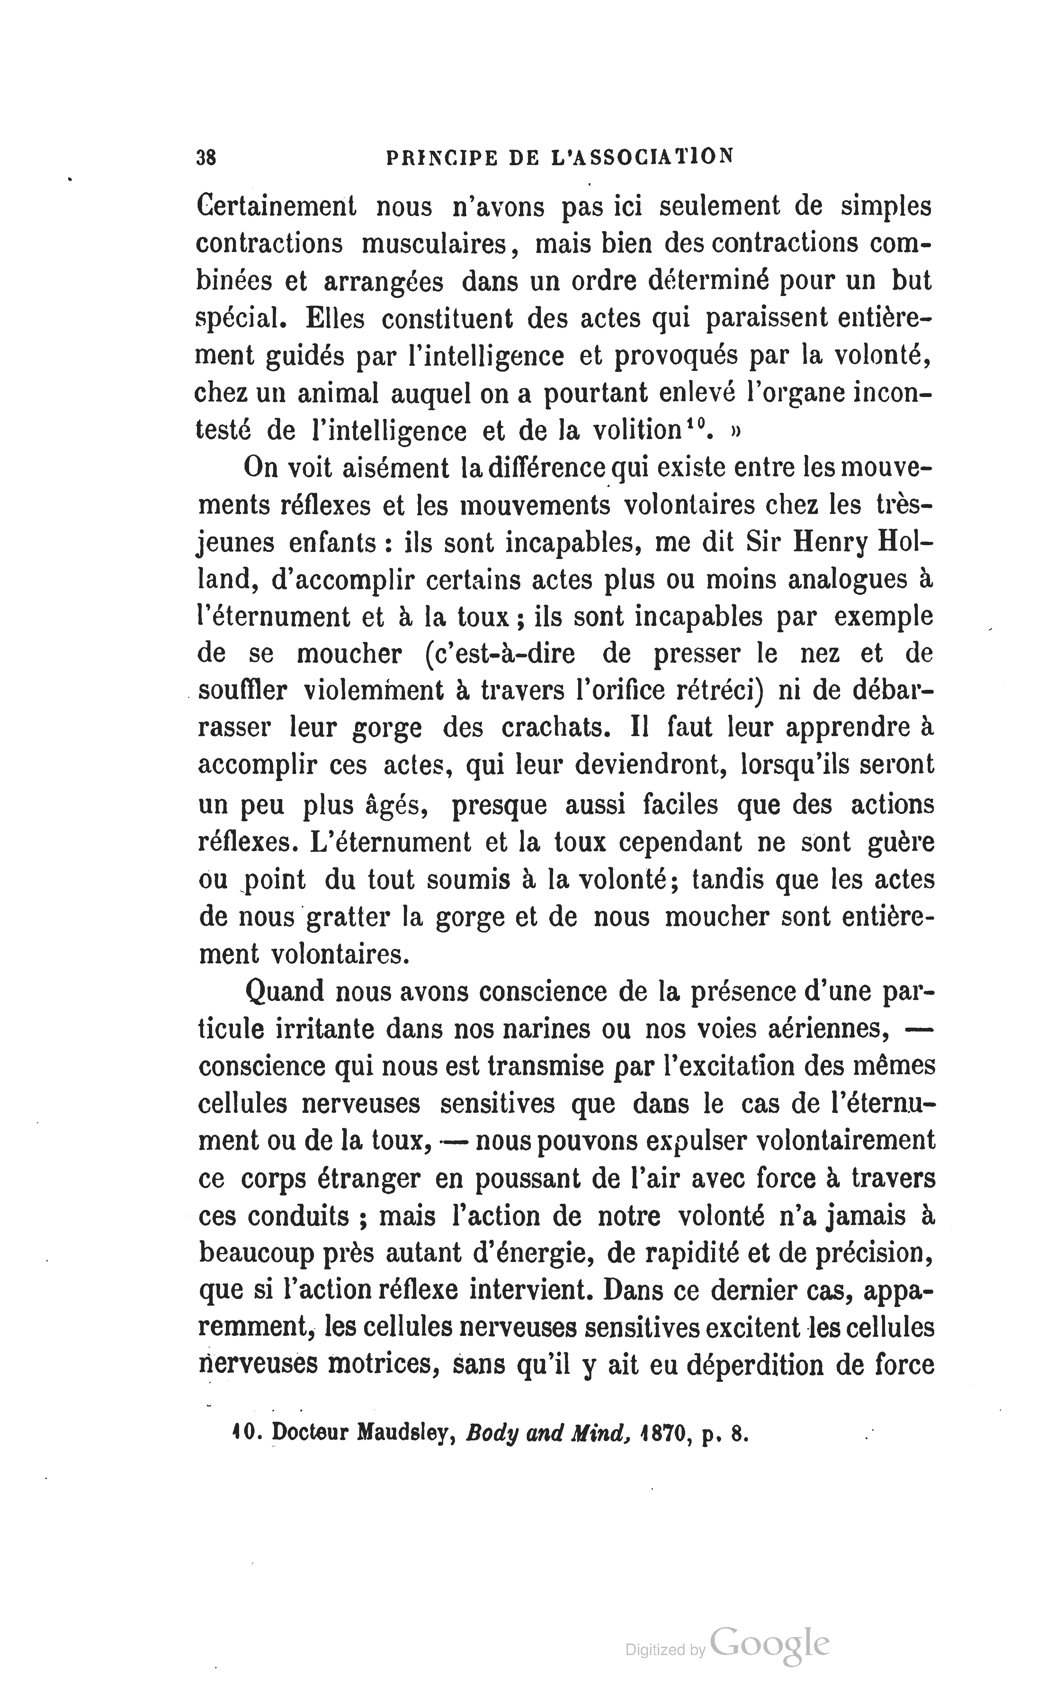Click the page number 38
[206, 158]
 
